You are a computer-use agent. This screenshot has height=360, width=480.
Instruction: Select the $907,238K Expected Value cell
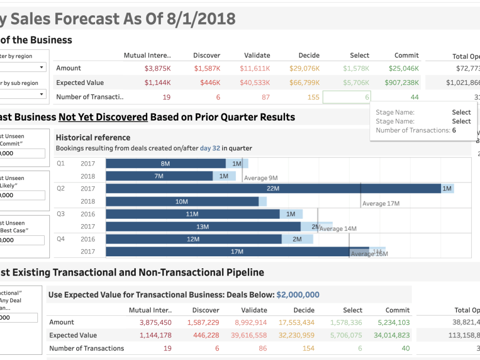pos(401,83)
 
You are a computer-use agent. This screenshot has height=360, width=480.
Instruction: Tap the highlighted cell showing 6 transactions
pos(347,97)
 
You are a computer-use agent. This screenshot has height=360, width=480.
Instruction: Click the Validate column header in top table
pos(257,55)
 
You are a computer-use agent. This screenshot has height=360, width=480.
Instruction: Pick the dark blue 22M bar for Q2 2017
pos(273,189)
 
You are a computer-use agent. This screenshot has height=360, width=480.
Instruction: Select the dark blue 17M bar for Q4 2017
pos(237,252)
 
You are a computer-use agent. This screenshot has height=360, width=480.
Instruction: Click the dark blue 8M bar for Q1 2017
pos(165,164)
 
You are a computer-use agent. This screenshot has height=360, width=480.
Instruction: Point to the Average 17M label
pos(381,204)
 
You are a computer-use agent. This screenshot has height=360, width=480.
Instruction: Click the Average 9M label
pos(261,178)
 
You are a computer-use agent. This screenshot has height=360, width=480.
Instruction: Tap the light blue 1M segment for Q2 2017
pos(447,189)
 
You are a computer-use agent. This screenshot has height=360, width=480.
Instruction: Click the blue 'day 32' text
pos(210,148)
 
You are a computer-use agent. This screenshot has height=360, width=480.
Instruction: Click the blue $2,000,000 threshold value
pos(298,295)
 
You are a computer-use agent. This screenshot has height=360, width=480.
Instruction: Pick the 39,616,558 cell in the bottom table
pos(248,335)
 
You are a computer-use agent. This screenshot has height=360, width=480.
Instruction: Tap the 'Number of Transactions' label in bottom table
pos(86,348)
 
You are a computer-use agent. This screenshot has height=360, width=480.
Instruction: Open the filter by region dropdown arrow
pos(42,68)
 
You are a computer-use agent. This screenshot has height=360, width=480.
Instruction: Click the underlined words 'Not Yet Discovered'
pos(103,117)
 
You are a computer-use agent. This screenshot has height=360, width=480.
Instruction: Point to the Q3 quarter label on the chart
pos(60,214)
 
